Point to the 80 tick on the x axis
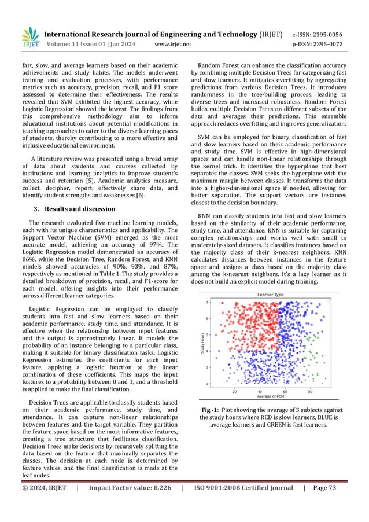pos(309,391)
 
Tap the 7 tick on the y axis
pos(208,302)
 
